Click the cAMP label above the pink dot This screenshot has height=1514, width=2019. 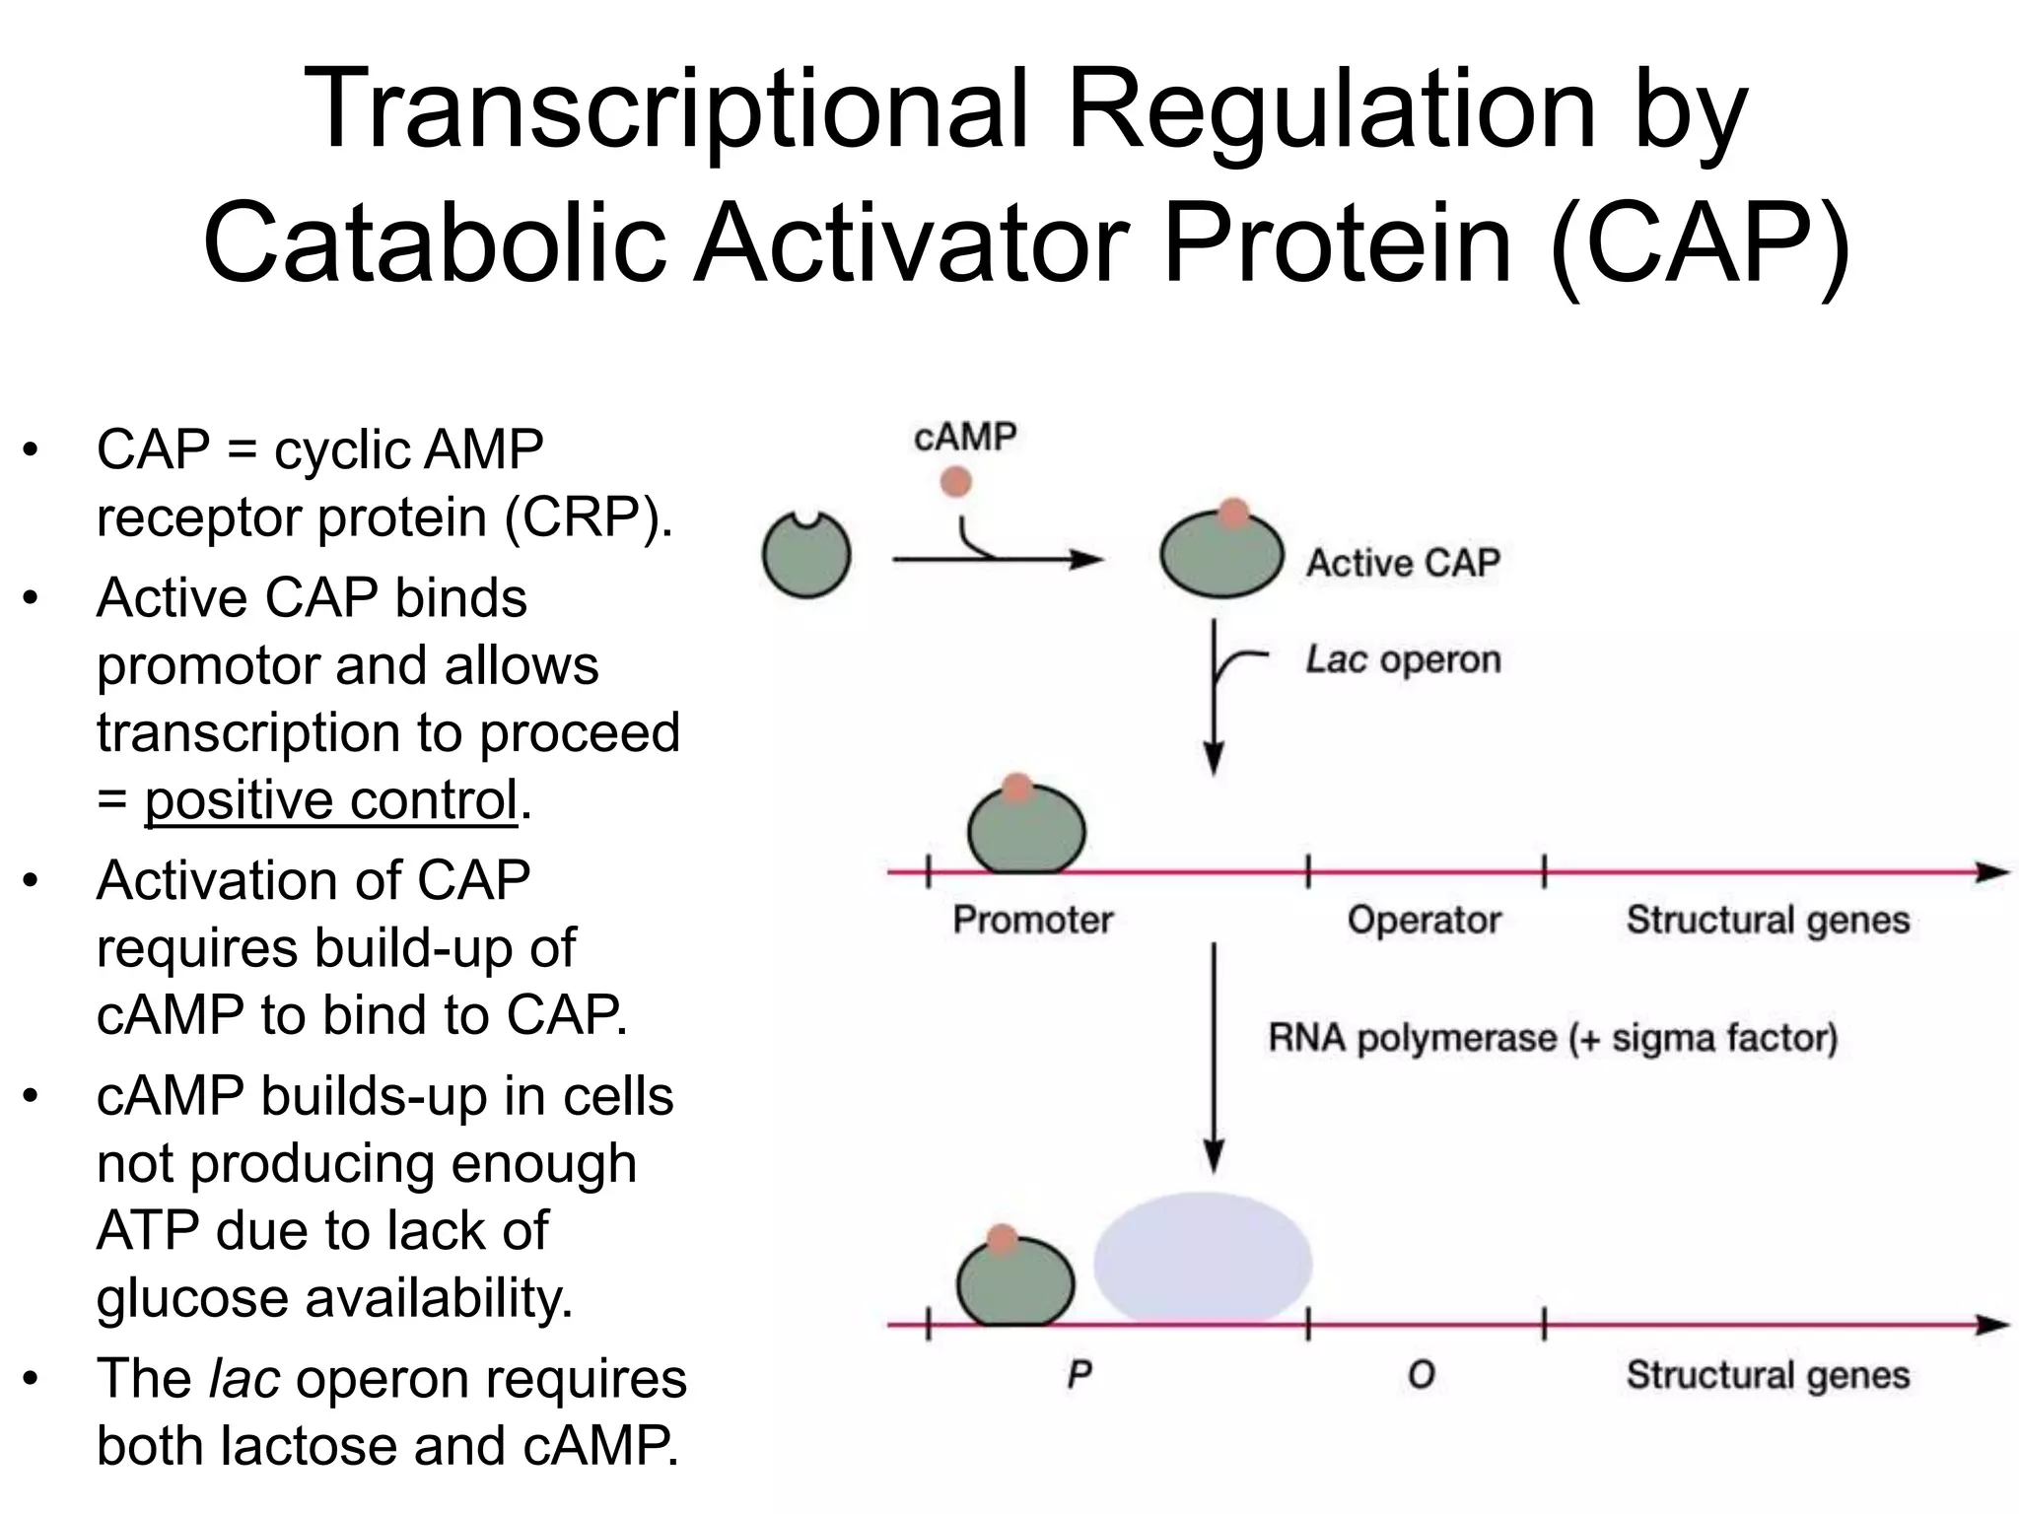pos(964,437)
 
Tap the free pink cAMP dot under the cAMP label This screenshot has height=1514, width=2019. pos(955,482)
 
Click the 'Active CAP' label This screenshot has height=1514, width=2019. pos(1402,563)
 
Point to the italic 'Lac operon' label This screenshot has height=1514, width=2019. pos(1402,659)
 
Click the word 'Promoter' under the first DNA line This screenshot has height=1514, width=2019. pos(1032,920)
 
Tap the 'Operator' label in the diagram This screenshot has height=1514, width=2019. pos(1424,920)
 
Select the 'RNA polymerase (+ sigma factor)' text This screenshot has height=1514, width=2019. pos(1552,1038)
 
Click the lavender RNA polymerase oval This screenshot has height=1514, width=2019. pos(1203,1259)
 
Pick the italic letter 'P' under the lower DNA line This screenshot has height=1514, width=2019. pos(1079,1375)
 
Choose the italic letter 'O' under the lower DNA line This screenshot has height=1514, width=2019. pos(1421,1375)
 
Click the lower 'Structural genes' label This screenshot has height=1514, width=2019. pos(1768,1375)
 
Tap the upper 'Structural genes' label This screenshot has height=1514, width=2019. pos(1768,920)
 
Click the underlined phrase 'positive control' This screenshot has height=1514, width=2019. pos(331,799)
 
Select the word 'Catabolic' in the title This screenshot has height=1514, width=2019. pos(434,241)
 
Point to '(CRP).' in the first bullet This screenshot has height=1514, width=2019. pos(589,516)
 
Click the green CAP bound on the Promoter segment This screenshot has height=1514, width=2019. pos(1026,831)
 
